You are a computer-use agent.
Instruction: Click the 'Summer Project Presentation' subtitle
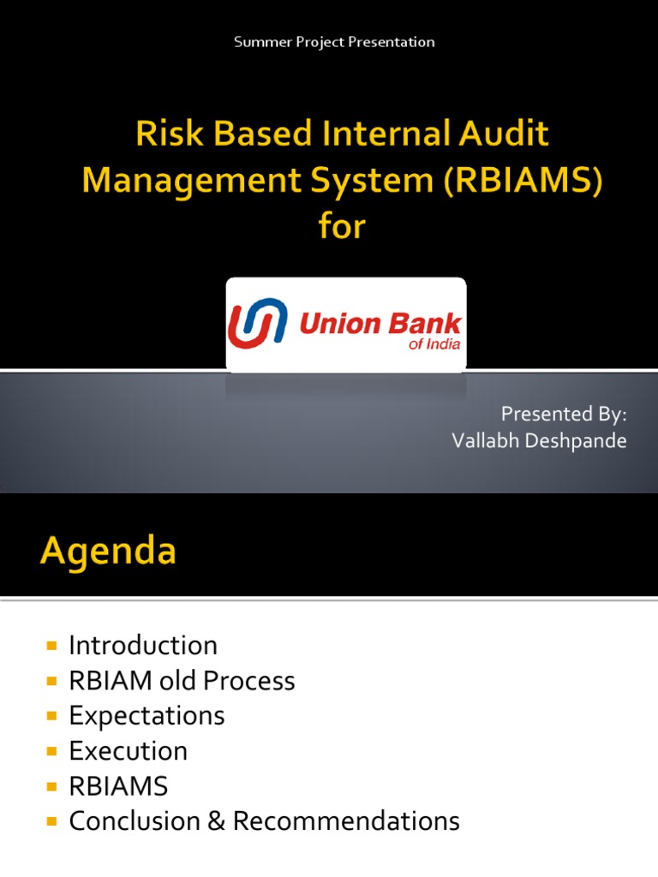coord(334,43)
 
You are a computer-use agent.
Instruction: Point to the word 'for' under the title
coord(342,225)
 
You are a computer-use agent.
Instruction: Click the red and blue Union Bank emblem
coord(257,323)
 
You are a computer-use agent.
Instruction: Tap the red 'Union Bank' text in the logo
coord(380,324)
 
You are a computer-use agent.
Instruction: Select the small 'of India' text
coord(434,344)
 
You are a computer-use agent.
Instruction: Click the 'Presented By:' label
coord(564,415)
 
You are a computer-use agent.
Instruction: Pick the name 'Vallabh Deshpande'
coord(540,441)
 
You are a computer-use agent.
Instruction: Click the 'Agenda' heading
coord(108,552)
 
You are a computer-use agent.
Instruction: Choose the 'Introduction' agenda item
coord(143,646)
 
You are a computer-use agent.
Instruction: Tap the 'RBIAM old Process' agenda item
coord(182,681)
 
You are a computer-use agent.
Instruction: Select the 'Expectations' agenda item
coord(147,716)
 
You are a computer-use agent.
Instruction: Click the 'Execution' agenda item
coord(129,751)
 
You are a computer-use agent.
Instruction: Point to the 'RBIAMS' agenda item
coord(118,786)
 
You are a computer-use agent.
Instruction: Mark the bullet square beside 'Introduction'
coord(52,646)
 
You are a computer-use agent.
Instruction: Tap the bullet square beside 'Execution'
coord(52,752)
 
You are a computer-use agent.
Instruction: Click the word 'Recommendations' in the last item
coord(346,821)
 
